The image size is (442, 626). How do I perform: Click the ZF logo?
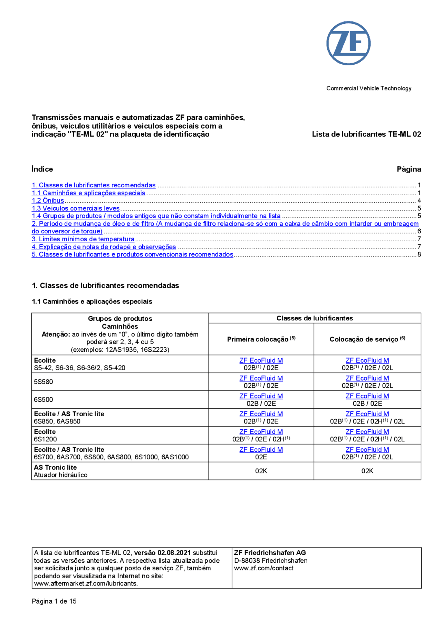click(x=348, y=43)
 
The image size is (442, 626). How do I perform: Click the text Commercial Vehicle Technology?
click(x=368, y=88)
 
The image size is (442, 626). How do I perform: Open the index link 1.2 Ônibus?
click(x=48, y=200)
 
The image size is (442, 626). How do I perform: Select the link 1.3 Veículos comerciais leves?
click(x=76, y=208)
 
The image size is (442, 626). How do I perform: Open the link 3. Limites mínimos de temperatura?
click(x=83, y=239)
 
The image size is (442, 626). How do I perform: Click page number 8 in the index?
click(x=419, y=254)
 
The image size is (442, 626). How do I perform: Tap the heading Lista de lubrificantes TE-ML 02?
click(x=366, y=134)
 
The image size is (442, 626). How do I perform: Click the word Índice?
click(x=42, y=169)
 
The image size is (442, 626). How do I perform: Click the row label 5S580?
click(x=43, y=382)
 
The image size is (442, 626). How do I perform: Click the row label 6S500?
click(x=43, y=400)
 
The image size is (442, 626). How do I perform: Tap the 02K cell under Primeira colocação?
click(x=261, y=471)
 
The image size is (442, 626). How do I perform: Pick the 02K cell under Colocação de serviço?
click(x=367, y=471)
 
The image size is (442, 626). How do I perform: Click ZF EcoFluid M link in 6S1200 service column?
click(x=367, y=431)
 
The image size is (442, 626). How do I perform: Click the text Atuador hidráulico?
click(x=60, y=475)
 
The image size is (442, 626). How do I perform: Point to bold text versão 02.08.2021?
click(x=162, y=552)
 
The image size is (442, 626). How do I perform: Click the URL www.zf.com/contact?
click(x=263, y=568)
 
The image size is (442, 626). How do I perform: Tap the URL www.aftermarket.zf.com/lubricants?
click(x=85, y=583)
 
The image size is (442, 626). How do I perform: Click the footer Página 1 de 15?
click(x=54, y=601)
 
